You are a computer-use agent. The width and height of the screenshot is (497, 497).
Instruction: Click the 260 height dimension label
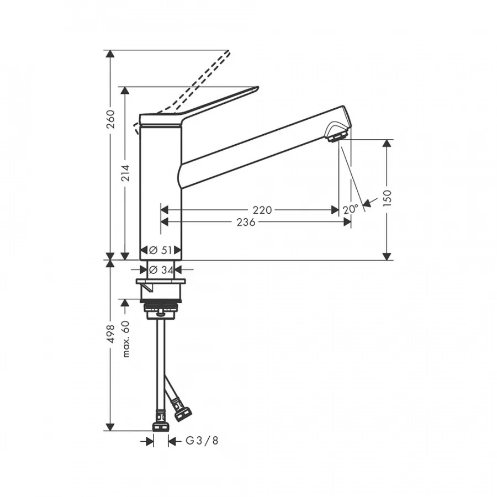110,119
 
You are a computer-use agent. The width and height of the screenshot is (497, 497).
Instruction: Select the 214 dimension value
126,173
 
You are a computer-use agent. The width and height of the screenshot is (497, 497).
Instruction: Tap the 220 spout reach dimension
262,210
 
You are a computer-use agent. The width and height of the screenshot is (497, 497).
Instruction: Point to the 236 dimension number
246,222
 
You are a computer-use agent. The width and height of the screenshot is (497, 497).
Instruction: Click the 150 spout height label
387,198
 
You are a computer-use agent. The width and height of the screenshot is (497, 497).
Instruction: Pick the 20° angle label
351,209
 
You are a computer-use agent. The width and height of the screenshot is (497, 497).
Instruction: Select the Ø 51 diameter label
161,250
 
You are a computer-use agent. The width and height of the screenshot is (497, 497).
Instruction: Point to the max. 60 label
126,339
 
